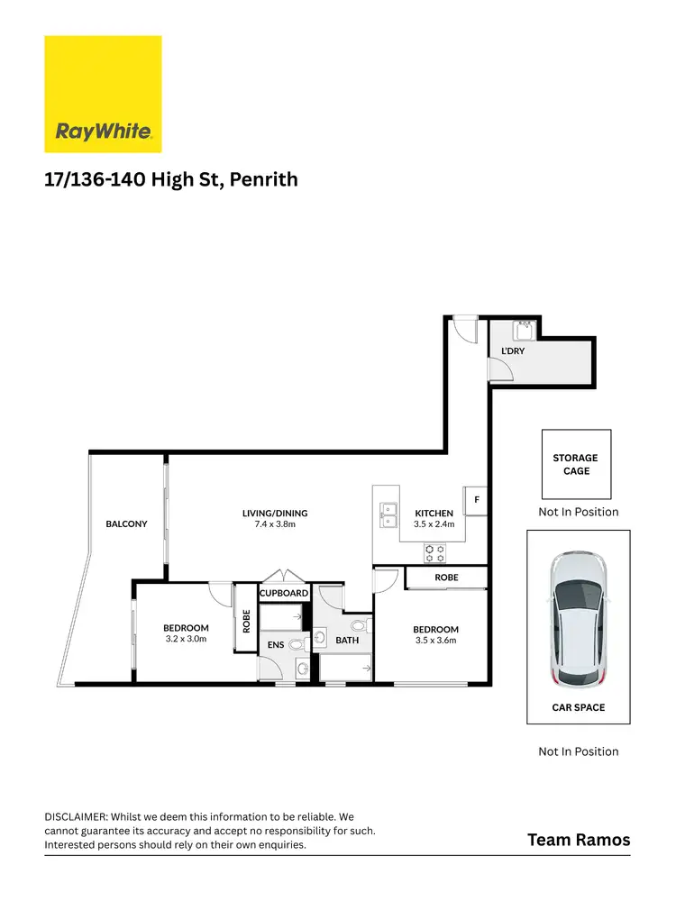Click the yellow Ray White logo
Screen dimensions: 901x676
tap(104, 94)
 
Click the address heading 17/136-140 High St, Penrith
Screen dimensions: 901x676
tap(171, 180)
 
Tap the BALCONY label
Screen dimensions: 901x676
tap(126, 523)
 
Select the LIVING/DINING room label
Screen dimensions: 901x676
tap(275, 514)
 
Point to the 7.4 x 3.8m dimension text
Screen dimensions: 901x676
tap(275, 523)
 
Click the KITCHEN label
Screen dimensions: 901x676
tap(434, 514)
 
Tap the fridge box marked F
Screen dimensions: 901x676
tap(476, 499)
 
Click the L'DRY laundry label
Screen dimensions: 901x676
tap(512, 350)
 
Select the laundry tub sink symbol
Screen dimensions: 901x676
tap(523, 329)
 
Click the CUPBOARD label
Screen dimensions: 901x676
tap(285, 594)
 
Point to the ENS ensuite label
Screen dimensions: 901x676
tap(276, 645)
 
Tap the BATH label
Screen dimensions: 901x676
tap(347, 641)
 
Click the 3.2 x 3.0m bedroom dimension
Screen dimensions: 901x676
tap(186, 639)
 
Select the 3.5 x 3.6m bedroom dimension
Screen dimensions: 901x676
tap(435, 641)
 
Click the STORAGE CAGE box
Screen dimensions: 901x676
tap(576, 464)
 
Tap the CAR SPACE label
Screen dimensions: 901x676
tap(578, 707)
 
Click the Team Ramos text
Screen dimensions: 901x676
tap(578, 840)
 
